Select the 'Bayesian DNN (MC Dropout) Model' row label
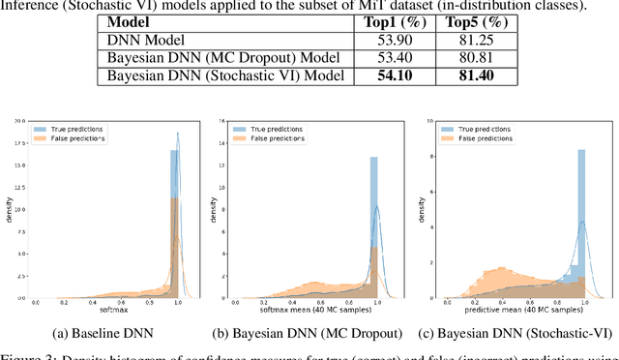218,58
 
